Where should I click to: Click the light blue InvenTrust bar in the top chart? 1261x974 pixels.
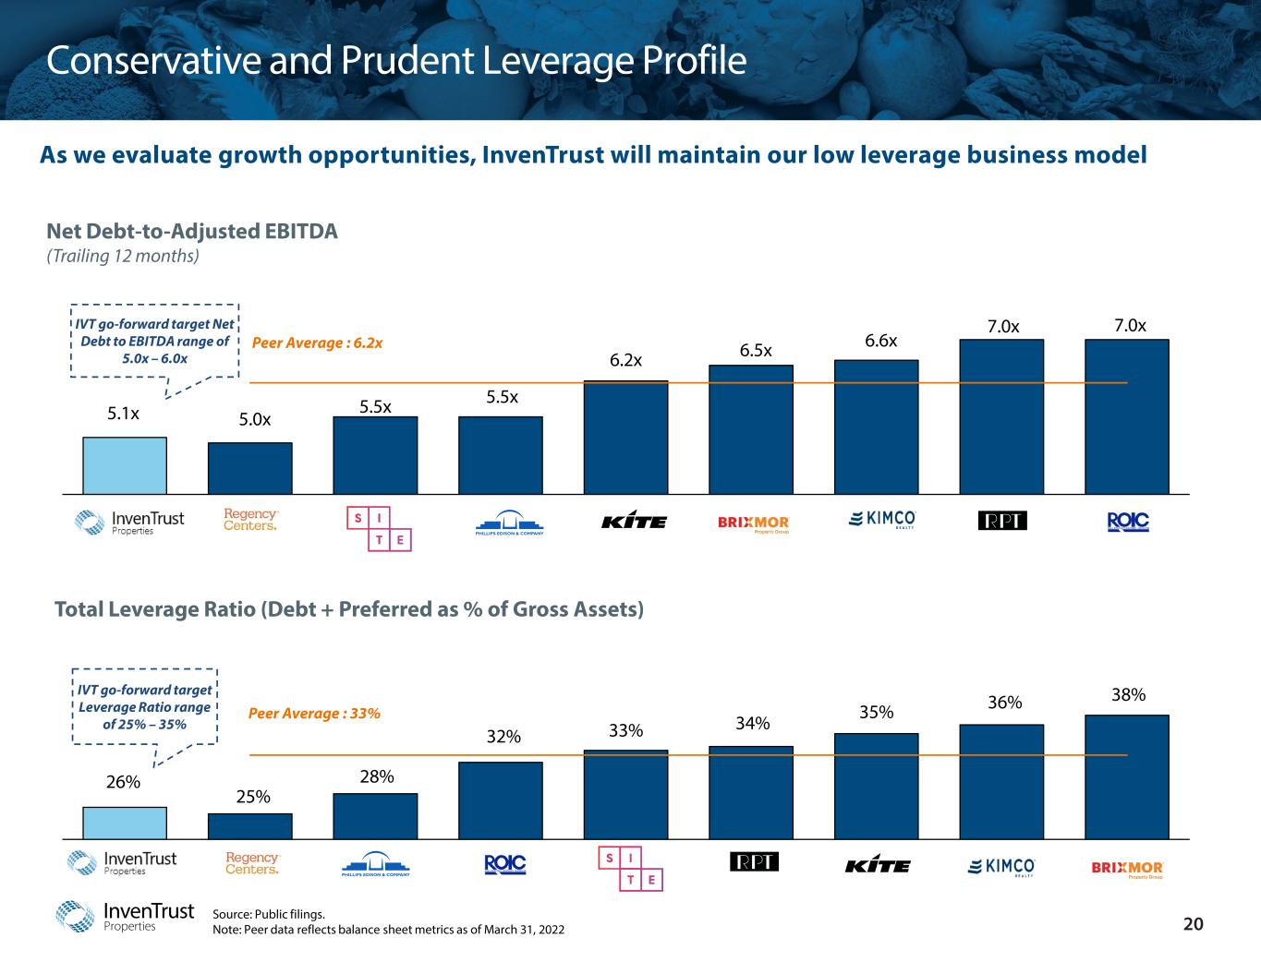pyautogui.click(x=125, y=465)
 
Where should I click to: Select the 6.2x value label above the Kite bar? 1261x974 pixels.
pyautogui.click(x=625, y=360)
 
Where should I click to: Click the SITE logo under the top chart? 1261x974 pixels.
pyautogui.click(x=379, y=528)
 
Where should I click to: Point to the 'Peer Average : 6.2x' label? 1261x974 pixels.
pyautogui.click(x=317, y=343)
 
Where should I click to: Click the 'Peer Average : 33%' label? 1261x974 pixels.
pyautogui.click(x=315, y=714)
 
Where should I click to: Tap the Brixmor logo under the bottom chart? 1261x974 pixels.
pyautogui.click(x=1127, y=869)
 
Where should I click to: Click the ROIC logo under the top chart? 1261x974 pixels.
pyautogui.click(x=1127, y=523)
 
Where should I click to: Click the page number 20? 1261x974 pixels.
pyautogui.click(x=1194, y=925)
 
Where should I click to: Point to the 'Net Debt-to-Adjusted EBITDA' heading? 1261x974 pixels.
pyautogui.click(x=192, y=232)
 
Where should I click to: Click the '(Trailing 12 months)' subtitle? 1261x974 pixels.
pyautogui.click(x=123, y=257)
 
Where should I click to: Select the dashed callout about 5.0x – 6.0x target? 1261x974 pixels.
pyautogui.click(x=154, y=341)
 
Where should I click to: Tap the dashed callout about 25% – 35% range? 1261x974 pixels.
pyautogui.click(x=144, y=707)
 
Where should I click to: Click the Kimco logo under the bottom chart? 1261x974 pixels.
pyautogui.click(x=1001, y=866)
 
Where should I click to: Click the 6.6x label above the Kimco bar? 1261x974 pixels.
pyautogui.click(x=880, y=341)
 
